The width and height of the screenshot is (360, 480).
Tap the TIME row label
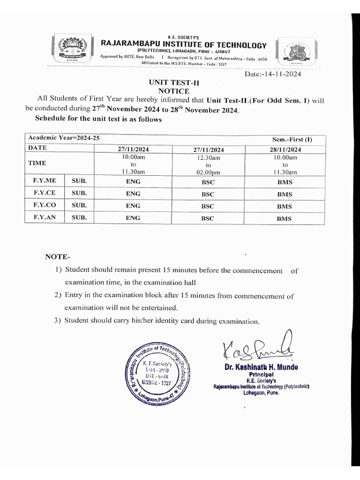[x=38, y=164]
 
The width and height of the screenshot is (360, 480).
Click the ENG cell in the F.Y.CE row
[x=133, y=194]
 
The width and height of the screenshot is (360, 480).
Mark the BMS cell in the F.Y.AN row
[x=284, y=218]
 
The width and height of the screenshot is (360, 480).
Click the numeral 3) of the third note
[x=58, y=321]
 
